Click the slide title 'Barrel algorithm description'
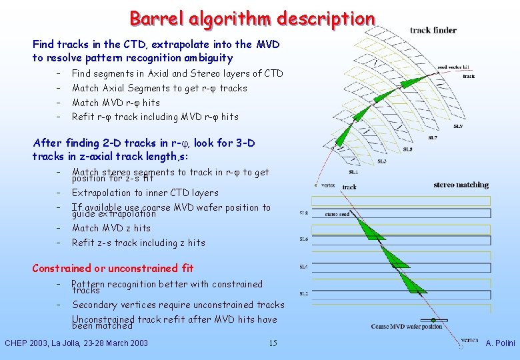[x=252, y=18]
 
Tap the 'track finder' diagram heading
[x=433, y=30]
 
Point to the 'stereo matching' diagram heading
[x=461, y=185]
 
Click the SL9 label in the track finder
[x=458, y=126]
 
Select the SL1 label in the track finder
[x=353, y=172]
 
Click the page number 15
[x=272, y=343]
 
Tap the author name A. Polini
[x=500, y=343]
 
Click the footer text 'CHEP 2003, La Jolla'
[x=76, y=343]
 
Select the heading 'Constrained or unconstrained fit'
[x=113, y=268]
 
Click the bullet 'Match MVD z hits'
[x=111, y=228]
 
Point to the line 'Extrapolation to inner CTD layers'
[x=145, y=193]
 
